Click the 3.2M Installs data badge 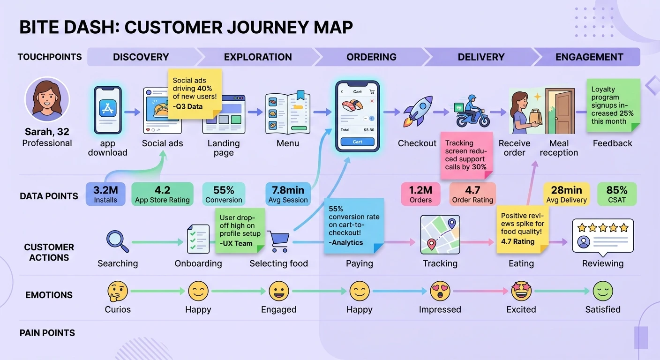pos(105,194)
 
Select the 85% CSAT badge pos(617,194)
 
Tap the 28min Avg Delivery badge pos(566,194)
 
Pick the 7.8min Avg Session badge pos(288,194)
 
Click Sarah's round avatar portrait pos(47,100)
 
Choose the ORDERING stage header pos(371,57)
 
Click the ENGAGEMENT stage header pos(589,57)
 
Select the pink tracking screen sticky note pos(465,155)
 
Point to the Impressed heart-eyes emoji pos(440,291)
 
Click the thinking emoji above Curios pos(117,291)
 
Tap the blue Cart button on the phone pos(357,142)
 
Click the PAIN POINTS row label pos(47,333)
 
